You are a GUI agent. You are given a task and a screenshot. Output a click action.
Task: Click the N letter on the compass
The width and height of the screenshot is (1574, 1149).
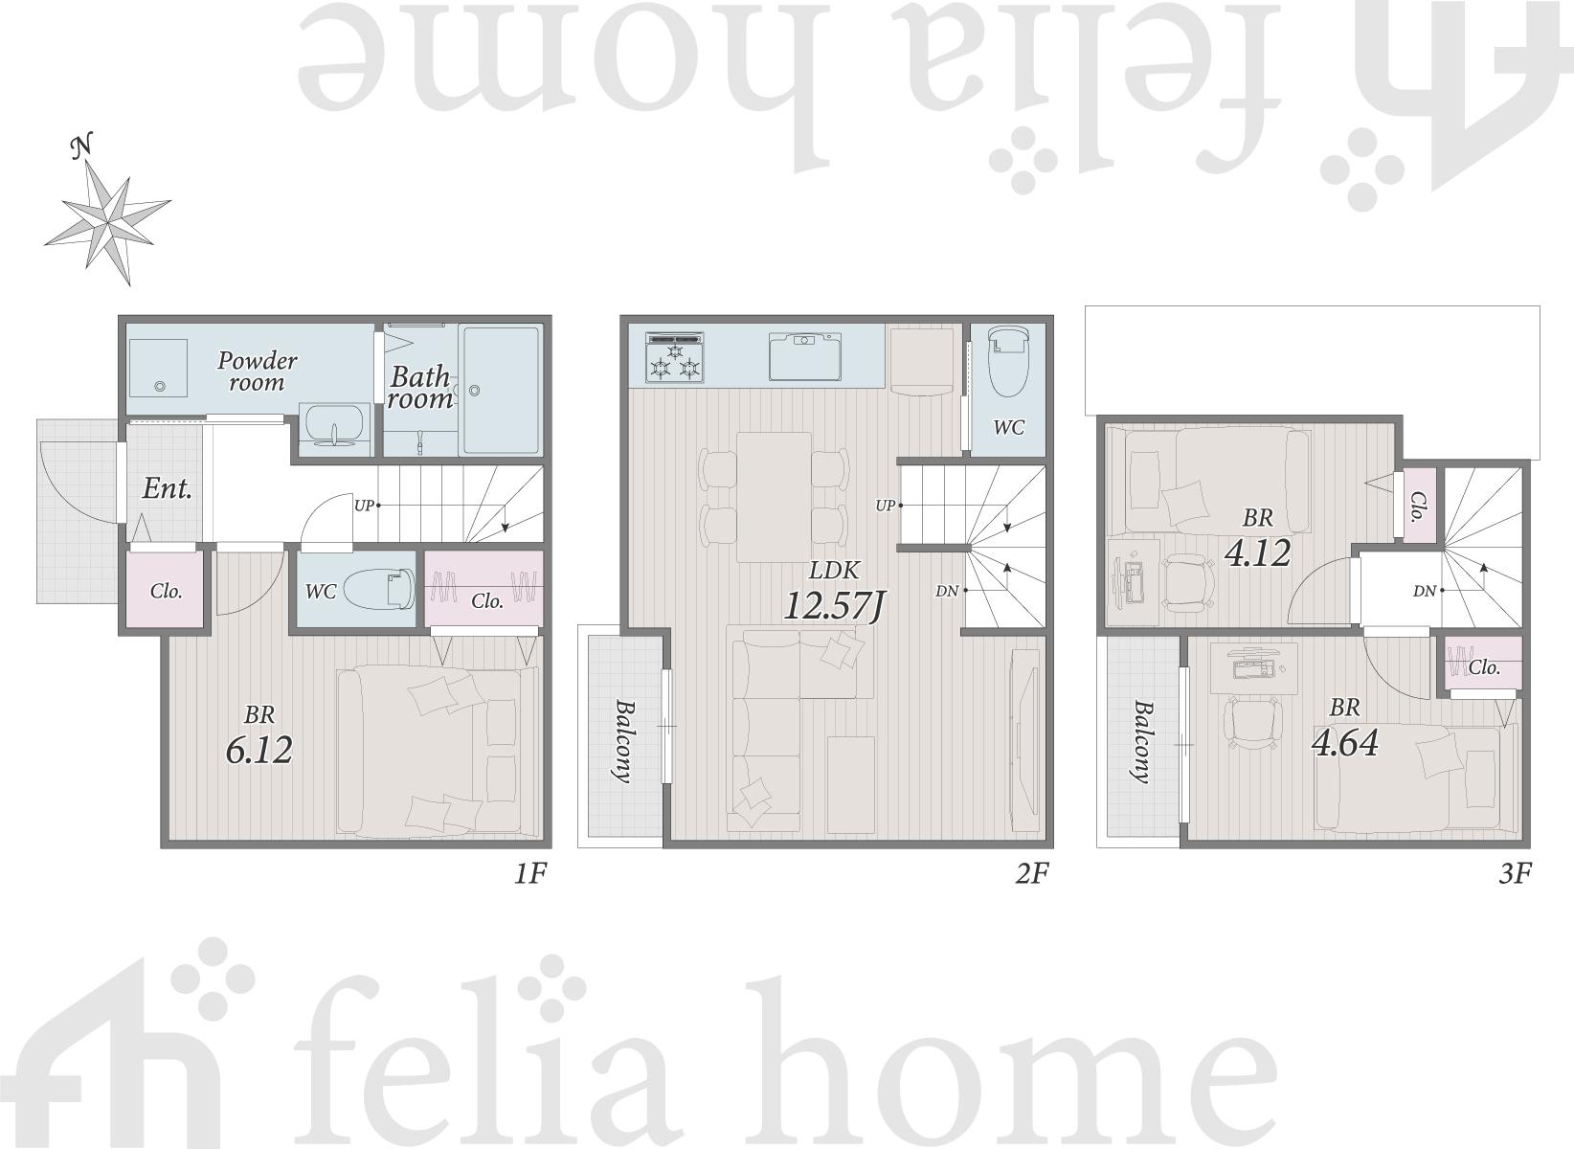click(83, 146)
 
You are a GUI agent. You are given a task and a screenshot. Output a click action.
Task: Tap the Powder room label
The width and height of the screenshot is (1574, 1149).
click(258, 372)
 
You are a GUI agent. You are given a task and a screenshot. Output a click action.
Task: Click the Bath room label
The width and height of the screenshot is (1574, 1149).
click(420, 387)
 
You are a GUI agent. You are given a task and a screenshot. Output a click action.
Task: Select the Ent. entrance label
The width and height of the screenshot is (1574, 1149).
click(168, 488)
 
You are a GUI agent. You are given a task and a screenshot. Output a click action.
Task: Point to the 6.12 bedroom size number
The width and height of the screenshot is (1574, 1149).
click(259, 750)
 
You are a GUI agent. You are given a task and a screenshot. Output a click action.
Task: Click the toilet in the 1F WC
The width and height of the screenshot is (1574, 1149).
click(379, 588)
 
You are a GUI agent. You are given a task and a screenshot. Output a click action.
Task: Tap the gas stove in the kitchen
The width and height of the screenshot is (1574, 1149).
click(675, 358)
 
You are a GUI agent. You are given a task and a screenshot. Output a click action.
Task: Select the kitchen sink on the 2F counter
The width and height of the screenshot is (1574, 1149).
click(804, 356)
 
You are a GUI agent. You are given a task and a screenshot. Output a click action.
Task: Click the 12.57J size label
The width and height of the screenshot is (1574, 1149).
click(833, 605)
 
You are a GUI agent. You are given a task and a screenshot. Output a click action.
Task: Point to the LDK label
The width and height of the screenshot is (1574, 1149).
click(833, 570)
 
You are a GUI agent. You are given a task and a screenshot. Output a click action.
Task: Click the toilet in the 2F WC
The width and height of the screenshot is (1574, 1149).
click(1007, 363)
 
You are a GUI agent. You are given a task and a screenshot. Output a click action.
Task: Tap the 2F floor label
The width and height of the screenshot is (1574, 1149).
click(1032, 873)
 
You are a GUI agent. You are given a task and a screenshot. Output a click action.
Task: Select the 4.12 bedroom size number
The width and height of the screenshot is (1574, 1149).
click(1257, 553)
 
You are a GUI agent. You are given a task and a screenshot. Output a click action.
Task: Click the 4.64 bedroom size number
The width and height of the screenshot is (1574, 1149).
click(1345, 743)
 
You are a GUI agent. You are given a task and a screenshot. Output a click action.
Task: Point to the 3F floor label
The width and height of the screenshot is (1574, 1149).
click(1515, 873)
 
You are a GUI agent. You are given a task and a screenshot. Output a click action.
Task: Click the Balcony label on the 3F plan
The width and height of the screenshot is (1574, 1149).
click(1142, 741)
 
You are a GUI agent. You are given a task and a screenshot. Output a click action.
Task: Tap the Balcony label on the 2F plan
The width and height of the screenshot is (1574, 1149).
click(622, 740)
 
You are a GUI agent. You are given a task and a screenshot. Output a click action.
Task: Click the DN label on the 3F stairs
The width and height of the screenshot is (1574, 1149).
click(1424, 592)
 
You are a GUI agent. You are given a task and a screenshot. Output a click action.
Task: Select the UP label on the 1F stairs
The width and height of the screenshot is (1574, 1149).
click(363, 506)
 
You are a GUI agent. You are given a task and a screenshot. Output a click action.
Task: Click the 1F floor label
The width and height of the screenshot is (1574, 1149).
click(530, 873)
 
